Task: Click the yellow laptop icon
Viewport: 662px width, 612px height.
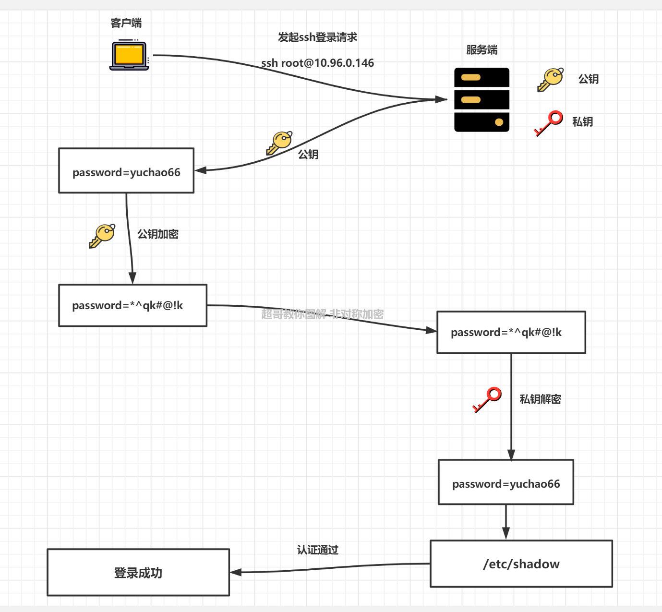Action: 129,56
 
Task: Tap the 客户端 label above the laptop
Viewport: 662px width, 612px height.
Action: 126,23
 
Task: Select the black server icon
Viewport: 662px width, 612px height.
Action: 481,100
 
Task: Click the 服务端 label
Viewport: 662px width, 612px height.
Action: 481,50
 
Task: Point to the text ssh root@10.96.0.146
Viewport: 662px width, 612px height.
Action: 317,63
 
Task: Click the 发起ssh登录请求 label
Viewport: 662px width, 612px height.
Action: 317,37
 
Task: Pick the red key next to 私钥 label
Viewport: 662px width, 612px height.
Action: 549,123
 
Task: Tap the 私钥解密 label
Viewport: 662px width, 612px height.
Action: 540,399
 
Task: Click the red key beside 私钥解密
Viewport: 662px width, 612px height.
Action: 487,399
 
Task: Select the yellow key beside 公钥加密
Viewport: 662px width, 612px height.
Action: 102,235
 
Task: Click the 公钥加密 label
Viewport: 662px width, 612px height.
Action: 158,234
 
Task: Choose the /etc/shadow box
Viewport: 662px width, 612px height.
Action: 521,564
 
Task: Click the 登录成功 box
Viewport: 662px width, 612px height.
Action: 138,573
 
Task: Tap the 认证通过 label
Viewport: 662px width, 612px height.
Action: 317,550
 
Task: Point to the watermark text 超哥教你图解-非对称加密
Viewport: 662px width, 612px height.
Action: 322,314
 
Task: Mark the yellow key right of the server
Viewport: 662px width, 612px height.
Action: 550,79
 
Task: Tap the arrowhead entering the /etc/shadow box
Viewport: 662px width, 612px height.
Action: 506,534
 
